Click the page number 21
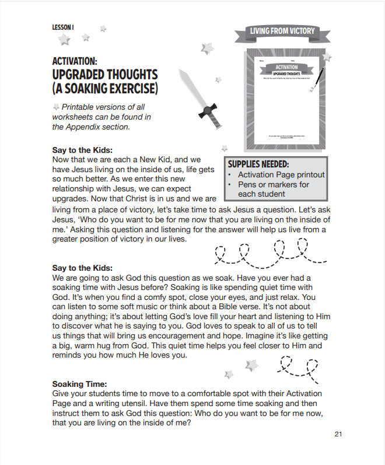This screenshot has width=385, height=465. coord(338,433)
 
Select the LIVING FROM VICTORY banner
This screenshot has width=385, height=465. coord(282,32)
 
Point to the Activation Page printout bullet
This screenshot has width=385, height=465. coord(281,174)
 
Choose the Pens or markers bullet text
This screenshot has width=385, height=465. coord(273,184)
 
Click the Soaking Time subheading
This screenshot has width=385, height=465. coord(79,384)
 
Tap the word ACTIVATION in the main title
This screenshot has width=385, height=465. coord(74,61)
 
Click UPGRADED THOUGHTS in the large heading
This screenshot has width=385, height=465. coord(105,75)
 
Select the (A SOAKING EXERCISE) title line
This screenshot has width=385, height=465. coord(105,89)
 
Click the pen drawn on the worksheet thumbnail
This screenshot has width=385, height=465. coord(318,78)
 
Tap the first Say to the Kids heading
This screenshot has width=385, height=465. coord(82,149)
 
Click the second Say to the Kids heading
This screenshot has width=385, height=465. coord(82,268)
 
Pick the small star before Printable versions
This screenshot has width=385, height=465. coord(56,107)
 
